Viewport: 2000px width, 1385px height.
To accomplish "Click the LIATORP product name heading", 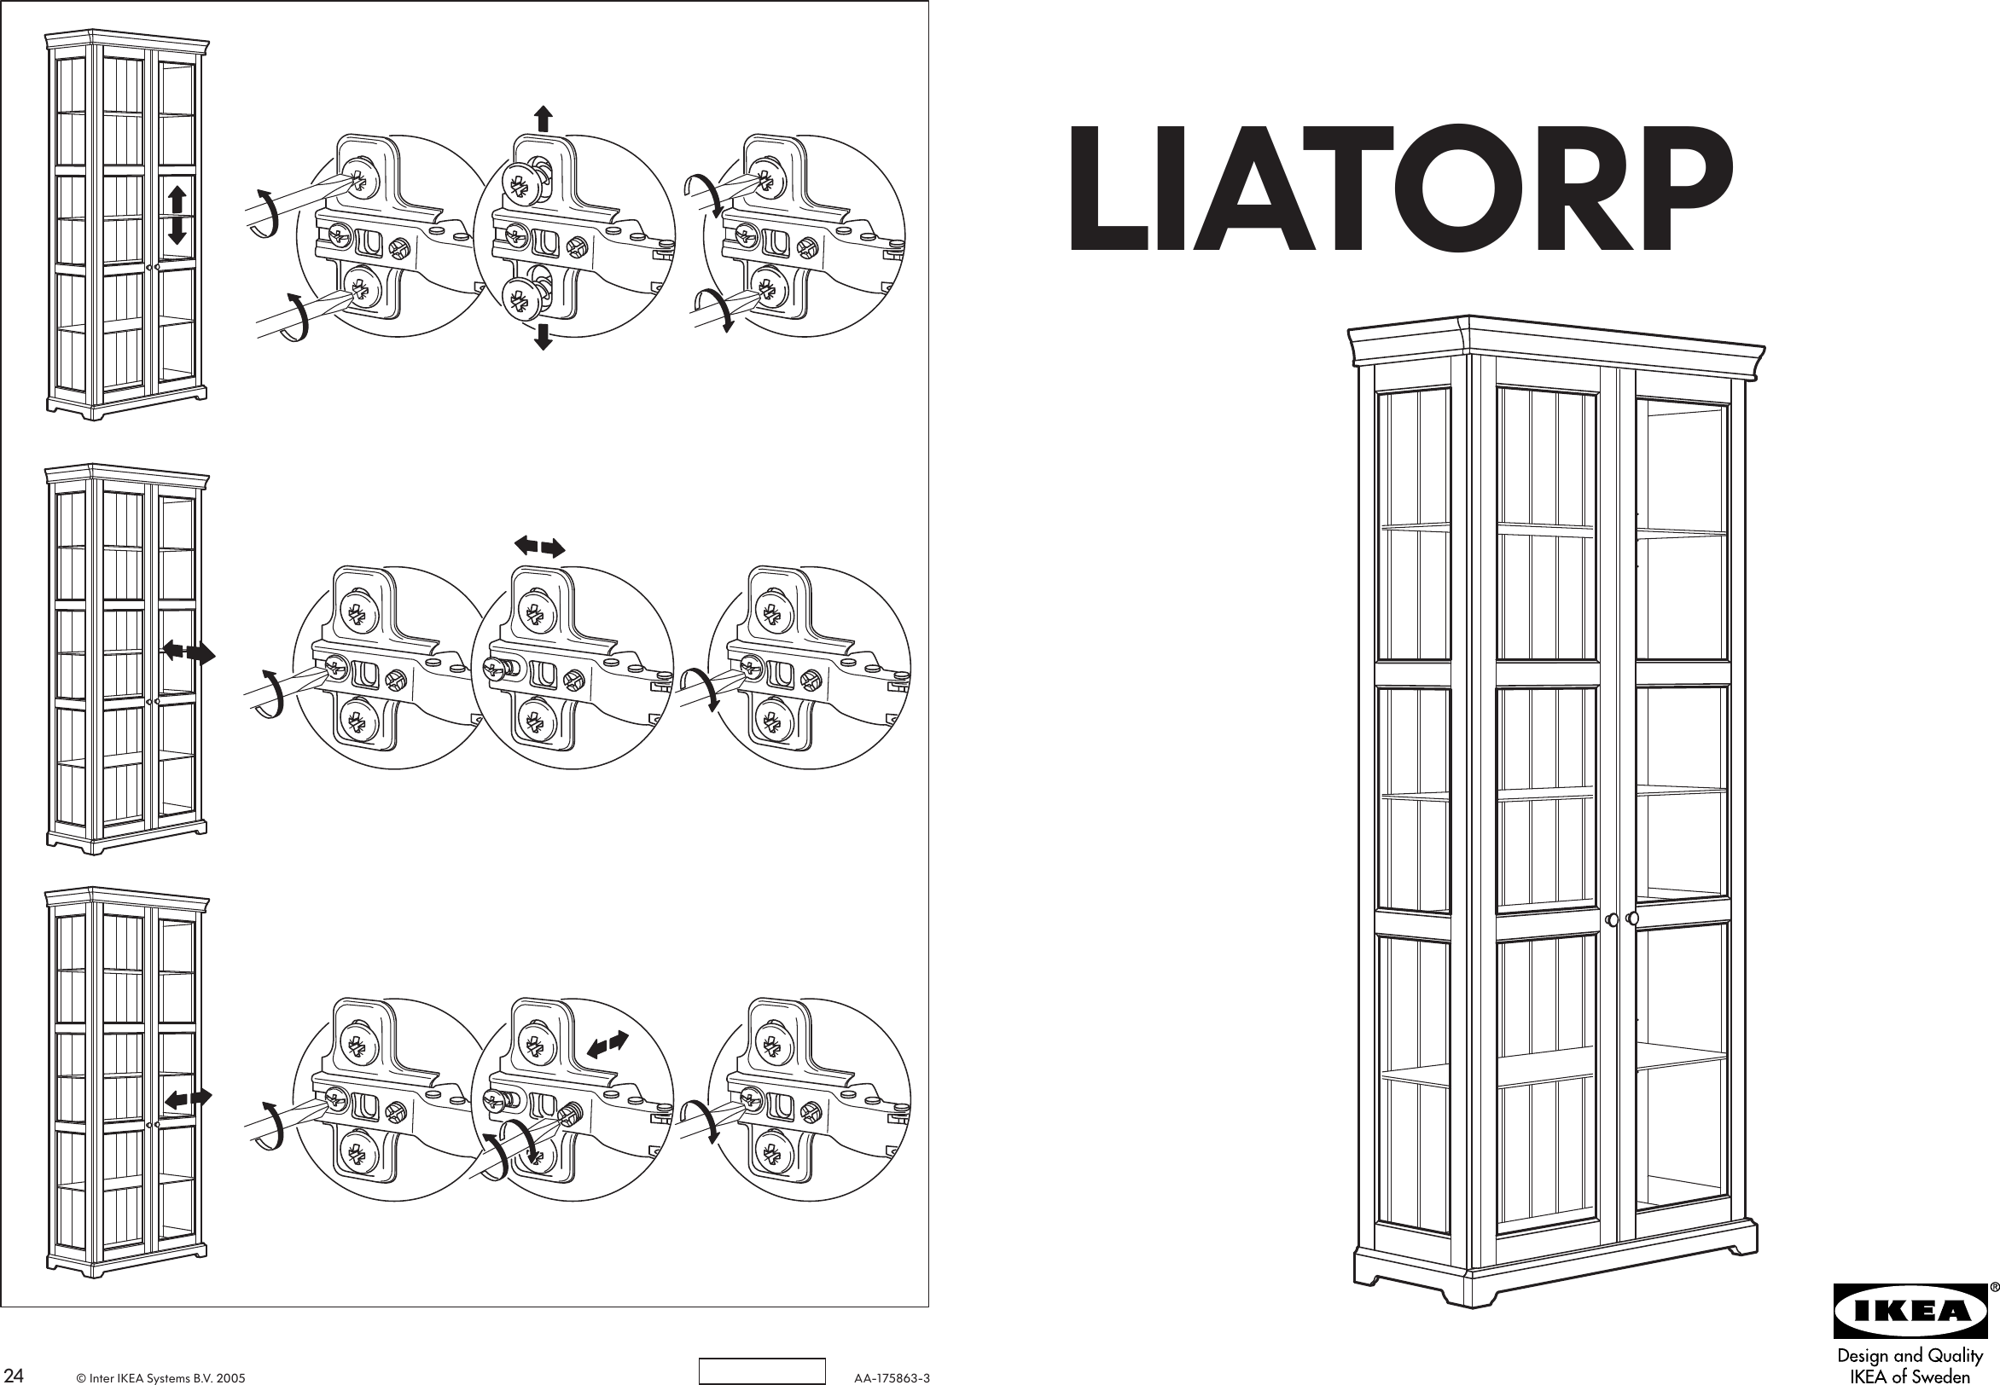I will pos(1400,189).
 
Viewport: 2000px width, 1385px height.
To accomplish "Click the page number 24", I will pos(14,1376).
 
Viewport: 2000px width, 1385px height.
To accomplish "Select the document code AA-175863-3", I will pos(892,1377).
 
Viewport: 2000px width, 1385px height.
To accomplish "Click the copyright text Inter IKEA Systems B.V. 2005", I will pos(160,1377).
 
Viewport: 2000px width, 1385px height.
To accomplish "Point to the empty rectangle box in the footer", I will pos(761,1371).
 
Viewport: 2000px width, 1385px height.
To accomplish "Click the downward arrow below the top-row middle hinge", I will pos(544,337).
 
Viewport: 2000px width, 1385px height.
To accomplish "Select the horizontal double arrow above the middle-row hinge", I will pos(540,546).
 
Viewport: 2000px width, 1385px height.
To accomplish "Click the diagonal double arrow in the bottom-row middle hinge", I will pos(607,1044).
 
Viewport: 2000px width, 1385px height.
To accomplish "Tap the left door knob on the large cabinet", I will pos(1612,919).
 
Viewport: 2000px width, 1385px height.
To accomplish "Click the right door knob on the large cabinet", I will pos(1632,919).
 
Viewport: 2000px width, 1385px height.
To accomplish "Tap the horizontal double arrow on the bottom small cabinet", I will pos(189,1098).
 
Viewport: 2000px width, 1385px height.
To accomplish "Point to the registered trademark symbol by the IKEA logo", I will pos(1993,1287).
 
